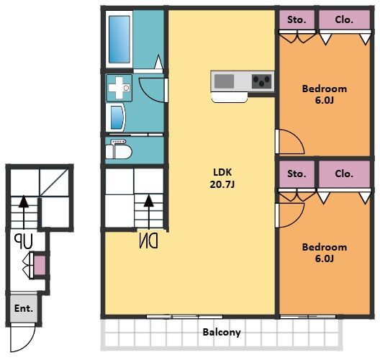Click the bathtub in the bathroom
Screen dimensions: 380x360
coord(119,40)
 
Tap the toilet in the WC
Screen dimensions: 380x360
coord(119,150)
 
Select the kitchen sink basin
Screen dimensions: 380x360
coord(224,81)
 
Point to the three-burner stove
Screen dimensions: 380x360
coord(261,81)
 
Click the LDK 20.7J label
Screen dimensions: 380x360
coord(222,179)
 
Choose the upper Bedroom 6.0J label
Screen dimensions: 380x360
coord(325,94)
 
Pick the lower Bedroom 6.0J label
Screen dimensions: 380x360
coord(325,253)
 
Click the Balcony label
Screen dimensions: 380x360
coord(222,333)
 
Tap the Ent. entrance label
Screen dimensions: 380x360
coord(24,308)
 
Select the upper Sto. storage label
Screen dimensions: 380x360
coord(297,19)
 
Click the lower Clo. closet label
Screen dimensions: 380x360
coord(344,174)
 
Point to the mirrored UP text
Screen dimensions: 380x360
coord(23,241)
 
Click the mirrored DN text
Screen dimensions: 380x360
coord(149,240)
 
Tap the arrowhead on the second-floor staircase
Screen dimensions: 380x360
coord(148,201)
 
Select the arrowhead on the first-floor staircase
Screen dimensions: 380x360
coord(24,202)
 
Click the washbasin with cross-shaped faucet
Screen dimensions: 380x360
coord(119,88)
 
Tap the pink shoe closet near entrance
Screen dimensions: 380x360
coord(40,265)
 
